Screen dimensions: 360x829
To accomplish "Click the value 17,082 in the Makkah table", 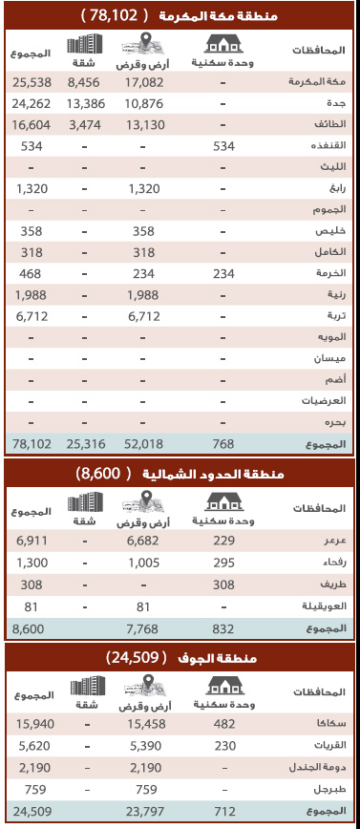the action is tap(143, 82).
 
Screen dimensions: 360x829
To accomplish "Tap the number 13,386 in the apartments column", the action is tap(86, 103).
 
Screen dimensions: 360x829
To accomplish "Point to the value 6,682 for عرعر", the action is tap(143, 541).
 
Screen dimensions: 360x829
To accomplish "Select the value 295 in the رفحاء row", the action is tap(222, 562).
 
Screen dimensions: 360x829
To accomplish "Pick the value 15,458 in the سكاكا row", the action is tap(143, 725).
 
